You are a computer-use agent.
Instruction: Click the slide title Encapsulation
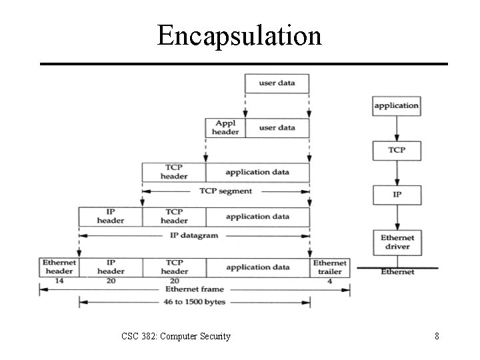click(x=239, y=35)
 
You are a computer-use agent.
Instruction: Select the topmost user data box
click(x=277, y=83)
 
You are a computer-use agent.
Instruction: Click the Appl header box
click(x=225, y=127)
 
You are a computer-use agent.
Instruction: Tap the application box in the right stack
click(x=397, y=105)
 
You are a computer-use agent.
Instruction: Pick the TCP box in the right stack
click(x=397, y=150)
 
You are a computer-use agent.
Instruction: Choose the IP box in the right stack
click(x=397, y=195)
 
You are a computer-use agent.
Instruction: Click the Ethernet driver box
click(x=397, y=242)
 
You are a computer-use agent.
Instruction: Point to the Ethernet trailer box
click(x=330, y=267)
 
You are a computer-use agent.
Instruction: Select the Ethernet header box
click(x=59, y=267)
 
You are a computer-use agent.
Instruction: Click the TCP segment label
click(x=226, y=191)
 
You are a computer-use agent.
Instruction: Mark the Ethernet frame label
click(x=194, y=289)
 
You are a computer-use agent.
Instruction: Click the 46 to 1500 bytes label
click(x=194, y=303)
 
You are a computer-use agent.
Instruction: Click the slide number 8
click(x=437, y=336)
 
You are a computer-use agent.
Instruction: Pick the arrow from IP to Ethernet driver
click(x=397, y=217)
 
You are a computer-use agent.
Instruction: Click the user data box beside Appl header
click(x=277, y=127)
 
